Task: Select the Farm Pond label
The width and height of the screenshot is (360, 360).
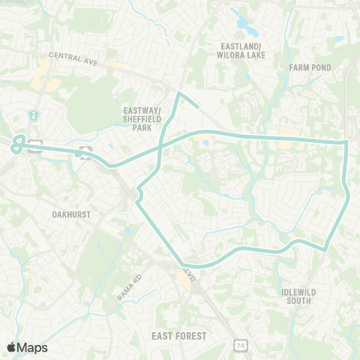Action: (x=310, y=67)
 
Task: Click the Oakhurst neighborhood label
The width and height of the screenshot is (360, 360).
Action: (x=71, y=214)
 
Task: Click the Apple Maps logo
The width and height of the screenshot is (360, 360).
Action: (x=27, y=346)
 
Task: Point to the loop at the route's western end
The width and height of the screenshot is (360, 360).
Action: (x=18, y=144)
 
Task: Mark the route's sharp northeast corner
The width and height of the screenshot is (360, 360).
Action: (x=344, y=142)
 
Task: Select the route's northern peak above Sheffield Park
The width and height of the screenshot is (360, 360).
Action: (x=178, y=93)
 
